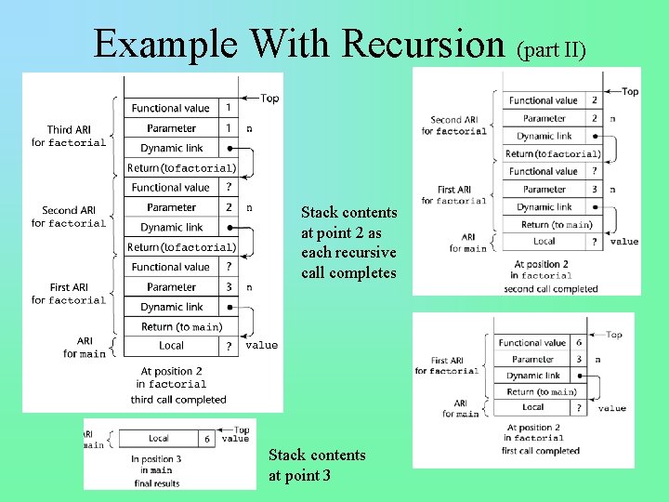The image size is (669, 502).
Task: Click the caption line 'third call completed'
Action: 178,400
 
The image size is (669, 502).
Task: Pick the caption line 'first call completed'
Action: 540,451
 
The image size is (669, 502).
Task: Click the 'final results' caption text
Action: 156,482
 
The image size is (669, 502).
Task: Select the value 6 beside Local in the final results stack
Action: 207,438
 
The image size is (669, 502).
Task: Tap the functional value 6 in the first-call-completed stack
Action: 579,342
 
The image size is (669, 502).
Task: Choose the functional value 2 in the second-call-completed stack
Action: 594,100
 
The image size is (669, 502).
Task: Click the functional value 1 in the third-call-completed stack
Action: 229,108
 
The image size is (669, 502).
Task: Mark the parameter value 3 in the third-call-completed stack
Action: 229,287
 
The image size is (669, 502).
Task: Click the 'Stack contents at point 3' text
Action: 317,466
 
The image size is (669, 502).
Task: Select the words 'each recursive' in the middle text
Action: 348,253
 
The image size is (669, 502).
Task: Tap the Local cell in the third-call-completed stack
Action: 171,346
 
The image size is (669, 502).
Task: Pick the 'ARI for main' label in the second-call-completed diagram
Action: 467,243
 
